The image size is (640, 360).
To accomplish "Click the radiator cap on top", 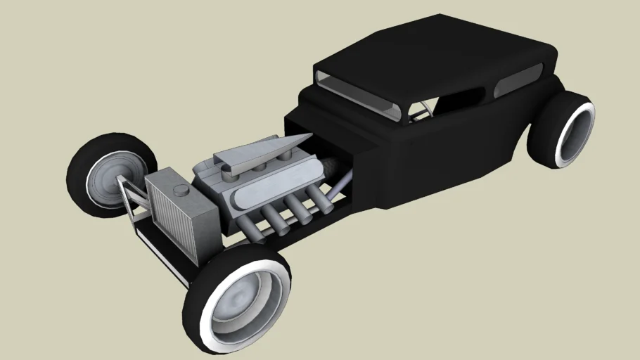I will click(181, 189).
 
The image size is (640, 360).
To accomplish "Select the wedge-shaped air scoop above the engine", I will click(260, 151).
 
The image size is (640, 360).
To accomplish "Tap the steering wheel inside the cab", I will click(420, 111).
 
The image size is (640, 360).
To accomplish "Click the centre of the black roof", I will click(436, 56).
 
